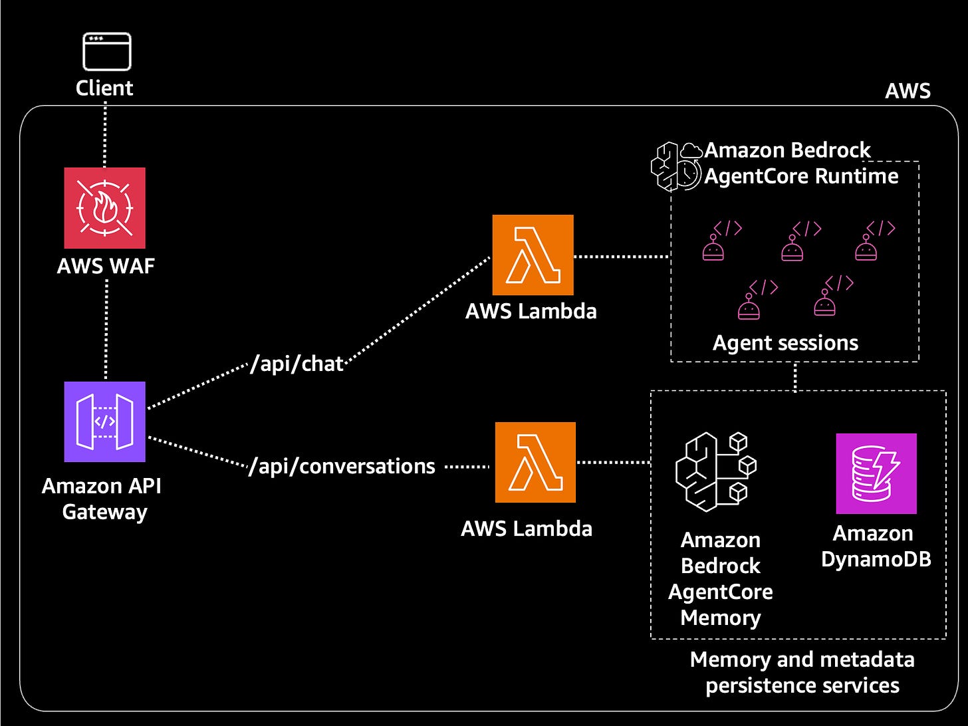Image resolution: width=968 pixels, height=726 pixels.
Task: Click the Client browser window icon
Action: coord(106,51)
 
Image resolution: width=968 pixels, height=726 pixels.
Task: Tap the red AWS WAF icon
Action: coord(105,208)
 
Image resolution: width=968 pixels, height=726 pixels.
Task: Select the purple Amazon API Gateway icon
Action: coord(105,422)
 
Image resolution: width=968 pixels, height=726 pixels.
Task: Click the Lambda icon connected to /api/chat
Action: coord(533,255)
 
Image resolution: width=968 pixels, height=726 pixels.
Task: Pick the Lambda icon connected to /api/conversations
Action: coord(535,462)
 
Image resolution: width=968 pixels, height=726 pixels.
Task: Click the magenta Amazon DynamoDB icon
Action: coord(876,473)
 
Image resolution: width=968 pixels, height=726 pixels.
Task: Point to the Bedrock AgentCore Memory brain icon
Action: coord(715,471)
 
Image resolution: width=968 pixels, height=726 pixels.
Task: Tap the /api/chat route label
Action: coord(297,364)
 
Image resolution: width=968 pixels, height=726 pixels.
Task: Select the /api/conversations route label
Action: coord(342,466)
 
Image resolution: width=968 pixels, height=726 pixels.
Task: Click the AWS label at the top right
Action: coord(907,91)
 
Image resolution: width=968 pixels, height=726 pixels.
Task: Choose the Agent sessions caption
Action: coord(785,343)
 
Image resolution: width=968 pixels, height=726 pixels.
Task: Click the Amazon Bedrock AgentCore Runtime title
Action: coord(800,163)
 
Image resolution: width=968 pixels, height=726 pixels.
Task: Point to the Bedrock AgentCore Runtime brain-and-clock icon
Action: coord(675,166)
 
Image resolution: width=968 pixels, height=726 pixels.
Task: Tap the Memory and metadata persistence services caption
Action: coord(802,672)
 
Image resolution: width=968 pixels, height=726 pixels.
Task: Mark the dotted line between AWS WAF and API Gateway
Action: coord(106,329)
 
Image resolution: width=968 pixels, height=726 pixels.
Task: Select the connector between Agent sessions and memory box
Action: coord(795,376)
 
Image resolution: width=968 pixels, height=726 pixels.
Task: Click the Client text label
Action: coord(104,88)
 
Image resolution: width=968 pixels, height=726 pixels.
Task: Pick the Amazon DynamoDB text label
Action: coord(876,546)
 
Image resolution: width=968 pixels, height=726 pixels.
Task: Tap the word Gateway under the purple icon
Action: coord(104,512)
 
